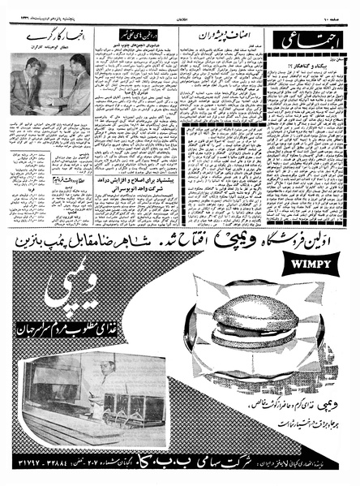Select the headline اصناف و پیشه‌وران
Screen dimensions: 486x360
pyautogui.click(x=228, y=38)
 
